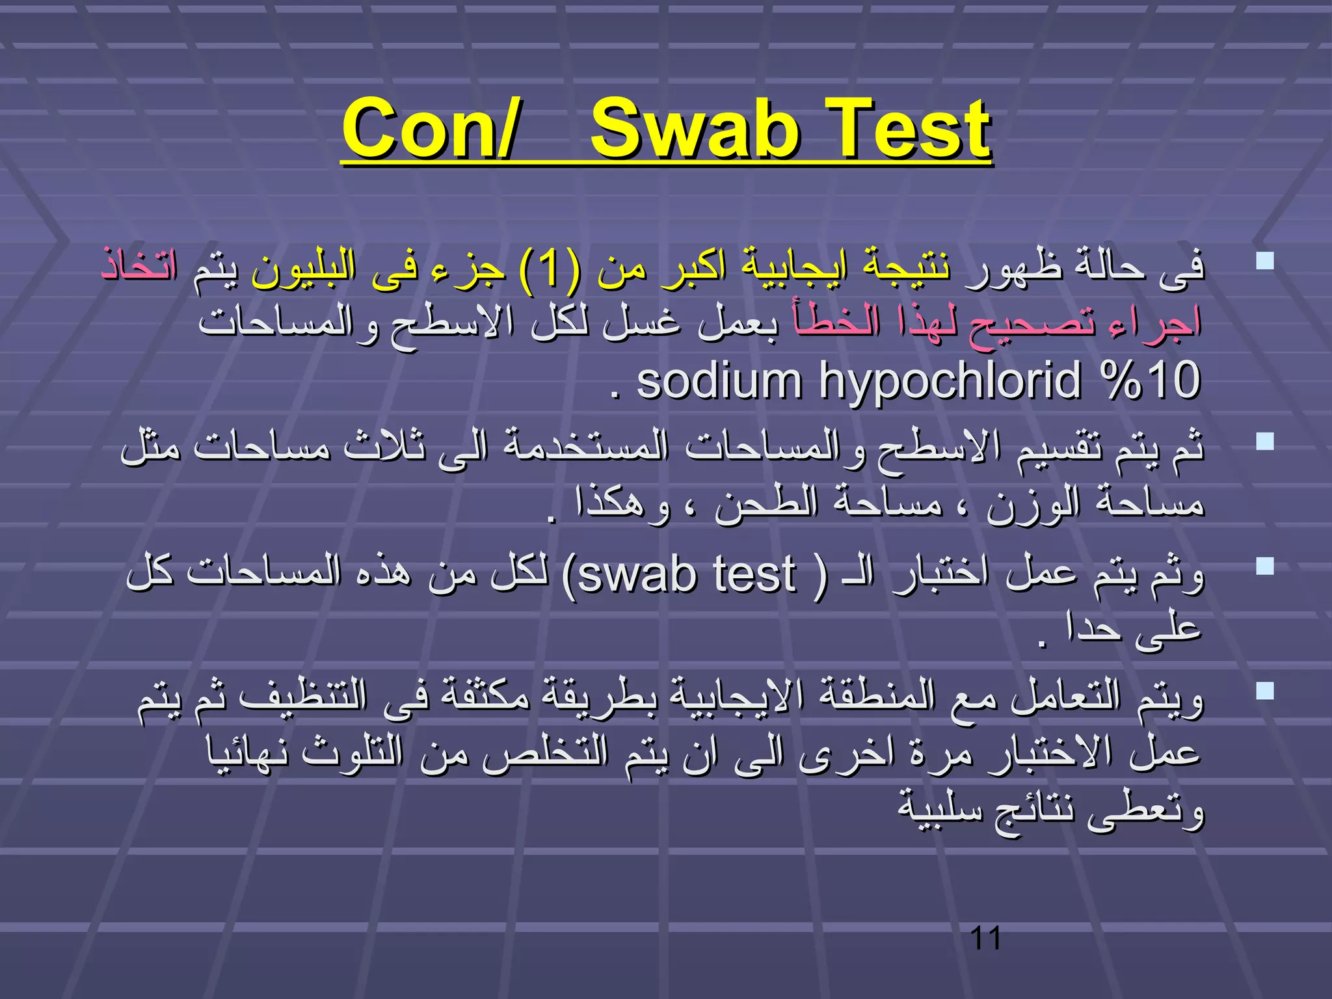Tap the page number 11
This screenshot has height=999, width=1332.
(x=985, y=939)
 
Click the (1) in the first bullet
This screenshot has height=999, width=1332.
(x=549, y=269)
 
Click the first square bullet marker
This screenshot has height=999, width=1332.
(x=1265, y=261)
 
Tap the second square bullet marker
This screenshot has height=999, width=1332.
(x=1265, y=442)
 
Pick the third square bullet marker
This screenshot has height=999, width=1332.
(x=1265, y=566)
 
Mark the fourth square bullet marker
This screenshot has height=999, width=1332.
(x=1265, y=691)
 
